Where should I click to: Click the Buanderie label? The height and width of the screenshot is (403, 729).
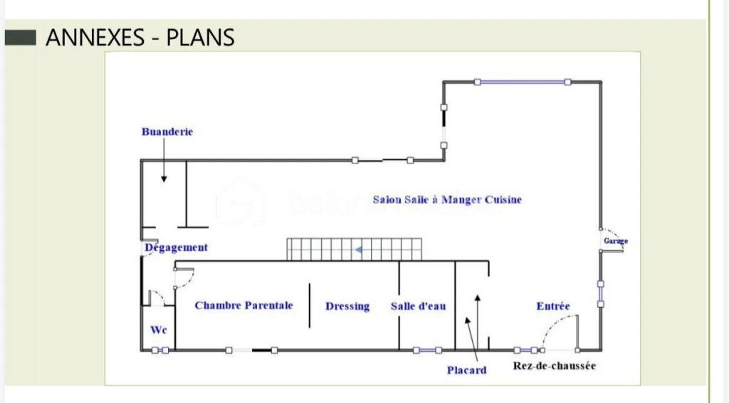[167, 132]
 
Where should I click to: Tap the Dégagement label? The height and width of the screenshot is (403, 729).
[177, 247]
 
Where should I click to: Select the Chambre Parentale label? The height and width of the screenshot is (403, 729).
[243, 306]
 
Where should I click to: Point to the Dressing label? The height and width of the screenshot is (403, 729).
[347, 306]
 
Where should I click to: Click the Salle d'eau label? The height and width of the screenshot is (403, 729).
[418, 306]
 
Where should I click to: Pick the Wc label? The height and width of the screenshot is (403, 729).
[159, 330]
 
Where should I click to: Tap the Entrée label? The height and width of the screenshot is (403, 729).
[552, 306]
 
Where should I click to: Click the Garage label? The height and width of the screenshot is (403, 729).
[616, 241]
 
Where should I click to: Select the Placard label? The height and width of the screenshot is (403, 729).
[466, 370]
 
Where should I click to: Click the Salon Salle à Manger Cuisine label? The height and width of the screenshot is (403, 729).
[447, 200]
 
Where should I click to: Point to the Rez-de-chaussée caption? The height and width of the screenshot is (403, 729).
[554, 366]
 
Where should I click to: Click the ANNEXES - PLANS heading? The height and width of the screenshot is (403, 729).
[140, 38]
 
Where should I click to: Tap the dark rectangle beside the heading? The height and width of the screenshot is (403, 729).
[21, 38]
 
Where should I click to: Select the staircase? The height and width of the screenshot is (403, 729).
[355, 249]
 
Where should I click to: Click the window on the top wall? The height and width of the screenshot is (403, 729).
[523, 82]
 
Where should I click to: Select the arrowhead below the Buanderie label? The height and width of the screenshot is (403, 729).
[164, 178]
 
